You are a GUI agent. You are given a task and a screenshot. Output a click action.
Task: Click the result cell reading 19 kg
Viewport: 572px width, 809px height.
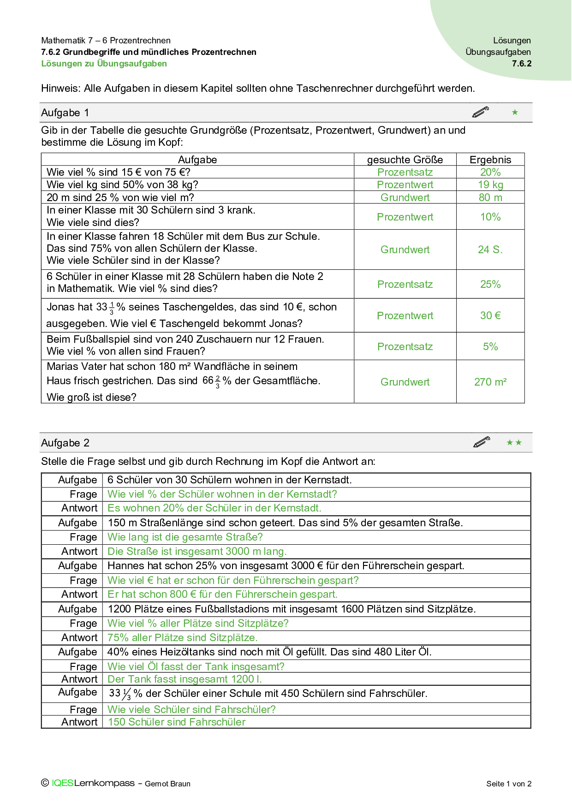[490, 185]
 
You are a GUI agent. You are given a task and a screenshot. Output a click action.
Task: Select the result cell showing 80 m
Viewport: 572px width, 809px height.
[490, 197]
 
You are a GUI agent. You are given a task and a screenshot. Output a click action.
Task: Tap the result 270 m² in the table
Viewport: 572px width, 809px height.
[490, 382]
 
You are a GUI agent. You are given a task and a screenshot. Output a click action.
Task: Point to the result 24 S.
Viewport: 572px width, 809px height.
[490, 250]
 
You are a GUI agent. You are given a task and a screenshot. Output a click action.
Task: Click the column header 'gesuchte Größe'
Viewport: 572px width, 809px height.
[405, 160]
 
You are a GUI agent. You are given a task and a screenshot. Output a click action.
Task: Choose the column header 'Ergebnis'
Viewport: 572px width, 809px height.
[490, 160]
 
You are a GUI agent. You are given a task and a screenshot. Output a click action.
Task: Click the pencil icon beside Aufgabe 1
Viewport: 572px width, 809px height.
[481, 112]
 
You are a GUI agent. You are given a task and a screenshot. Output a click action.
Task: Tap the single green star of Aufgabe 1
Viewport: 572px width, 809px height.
[515, 112]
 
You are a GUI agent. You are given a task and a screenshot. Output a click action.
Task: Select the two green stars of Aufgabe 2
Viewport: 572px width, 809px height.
[514, 443]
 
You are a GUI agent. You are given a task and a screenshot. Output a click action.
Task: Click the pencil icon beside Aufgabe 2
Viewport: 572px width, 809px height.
[482, 442]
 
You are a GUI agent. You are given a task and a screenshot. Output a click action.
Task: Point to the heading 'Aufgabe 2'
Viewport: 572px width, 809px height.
[65, 443]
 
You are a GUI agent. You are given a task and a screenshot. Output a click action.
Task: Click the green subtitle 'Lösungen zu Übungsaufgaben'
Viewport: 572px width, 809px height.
[104, 64]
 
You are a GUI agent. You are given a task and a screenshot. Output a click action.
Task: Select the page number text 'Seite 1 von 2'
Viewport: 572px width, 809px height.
[509, 784]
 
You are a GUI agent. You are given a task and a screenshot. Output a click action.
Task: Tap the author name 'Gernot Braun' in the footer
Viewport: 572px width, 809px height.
[167, 784]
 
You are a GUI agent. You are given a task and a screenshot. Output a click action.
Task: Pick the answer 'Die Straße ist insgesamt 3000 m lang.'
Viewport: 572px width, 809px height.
[197, 552]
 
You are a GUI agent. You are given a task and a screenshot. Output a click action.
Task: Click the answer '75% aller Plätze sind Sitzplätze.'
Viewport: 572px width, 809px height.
[182, 638]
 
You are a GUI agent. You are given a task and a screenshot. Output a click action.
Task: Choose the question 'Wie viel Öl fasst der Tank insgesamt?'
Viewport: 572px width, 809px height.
[196, 666]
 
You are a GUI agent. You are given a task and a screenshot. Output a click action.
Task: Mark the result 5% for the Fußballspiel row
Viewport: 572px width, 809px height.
[490, 346]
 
